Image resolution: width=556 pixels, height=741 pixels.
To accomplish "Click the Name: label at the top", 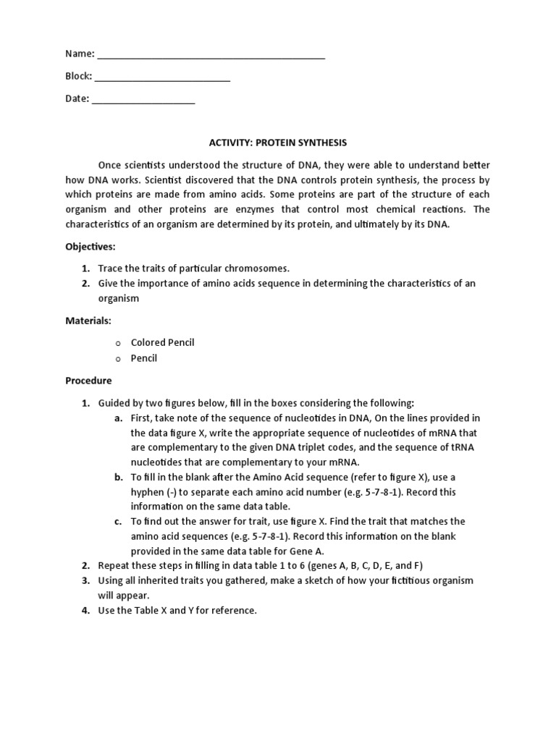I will [80, 54].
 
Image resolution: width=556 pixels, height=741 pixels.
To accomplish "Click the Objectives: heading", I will [90, 246].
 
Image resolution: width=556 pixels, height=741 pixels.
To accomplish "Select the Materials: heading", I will [88, 320].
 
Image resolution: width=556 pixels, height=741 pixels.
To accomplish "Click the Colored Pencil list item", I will [162, 342].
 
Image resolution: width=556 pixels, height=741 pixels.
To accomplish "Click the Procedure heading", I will [88, 380].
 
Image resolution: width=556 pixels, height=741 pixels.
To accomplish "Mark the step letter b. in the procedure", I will [118, 478].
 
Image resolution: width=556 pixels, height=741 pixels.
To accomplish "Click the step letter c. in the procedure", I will [118, 521].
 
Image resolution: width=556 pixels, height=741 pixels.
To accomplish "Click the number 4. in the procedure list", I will [85, 610].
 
